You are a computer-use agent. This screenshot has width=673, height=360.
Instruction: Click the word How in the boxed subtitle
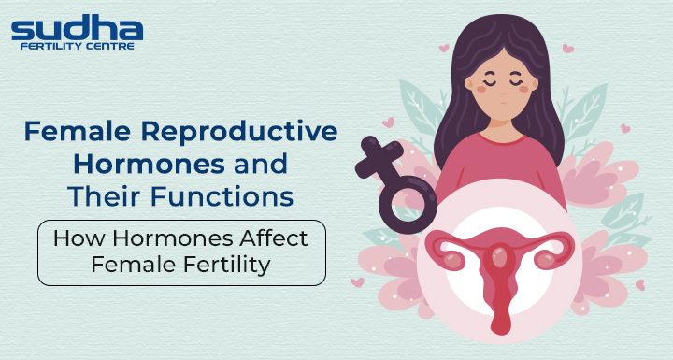(x=74, y=238)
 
